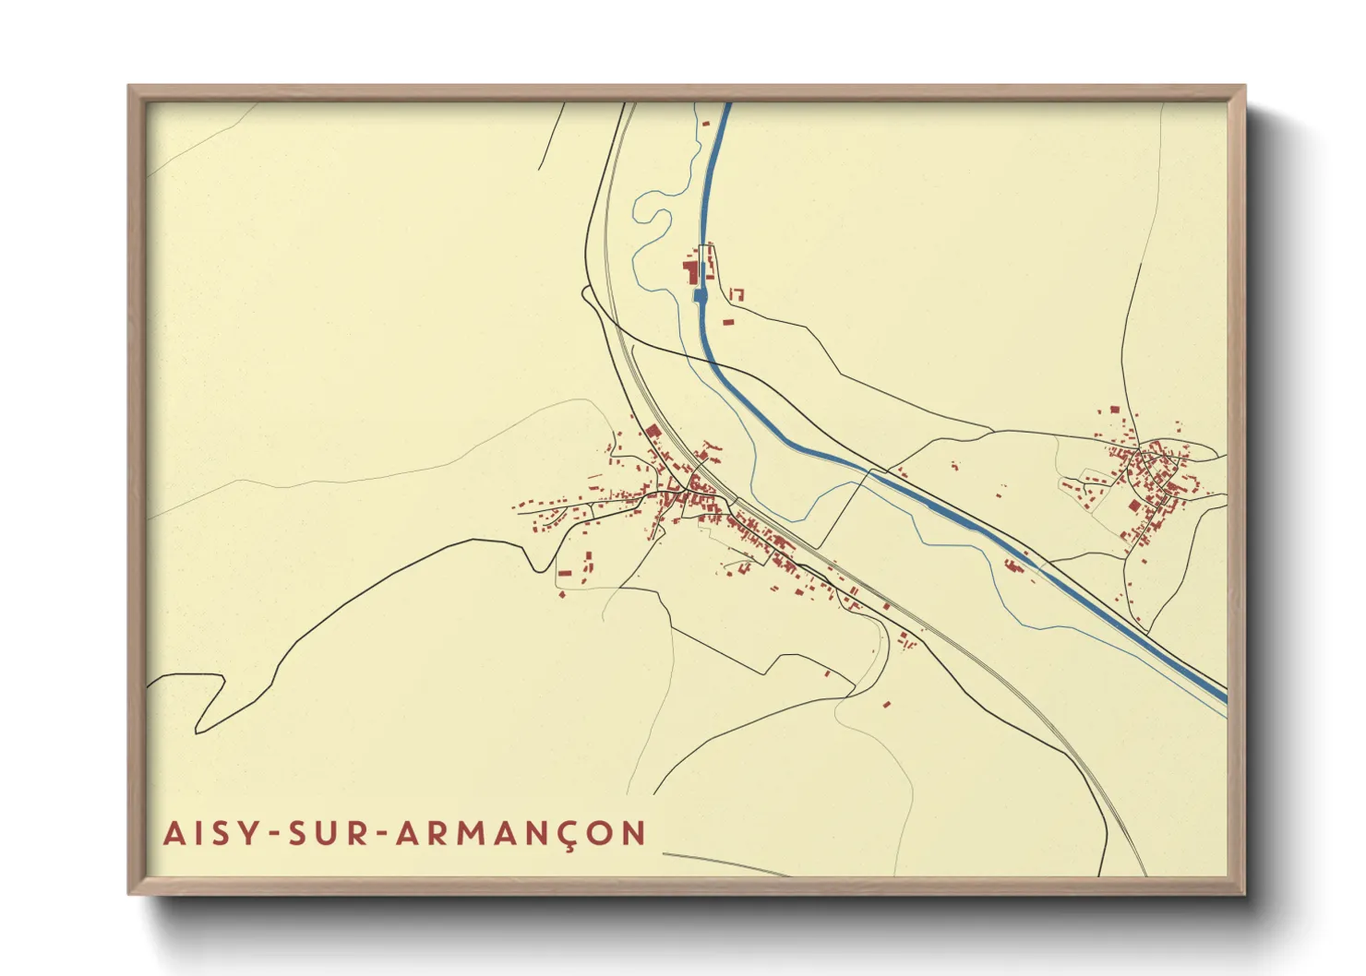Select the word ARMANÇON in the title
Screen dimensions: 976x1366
pyautogui.click(x=521, y=832)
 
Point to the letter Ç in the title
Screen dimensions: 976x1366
pyautogui.click(x=569, y=834)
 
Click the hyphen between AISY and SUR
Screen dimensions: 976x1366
pyautogui.click(x=272, y=834)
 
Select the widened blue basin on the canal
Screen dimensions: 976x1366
pyautogui.click(x=699, y=295)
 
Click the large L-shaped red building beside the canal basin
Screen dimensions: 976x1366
pyautogui.click(x=689, y=272)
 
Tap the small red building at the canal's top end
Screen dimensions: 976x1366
pyautogui.click(x=707, y=123)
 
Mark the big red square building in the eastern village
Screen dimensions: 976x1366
pyautogui.click(x=1114, y=410)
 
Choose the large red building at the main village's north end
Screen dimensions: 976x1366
pyautogui.click(x=652, y=432)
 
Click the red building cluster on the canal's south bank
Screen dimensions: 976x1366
pyautogui.click(x=1014, y=564)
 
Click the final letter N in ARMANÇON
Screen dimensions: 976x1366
pyautogui.click(x=633, y=832)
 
